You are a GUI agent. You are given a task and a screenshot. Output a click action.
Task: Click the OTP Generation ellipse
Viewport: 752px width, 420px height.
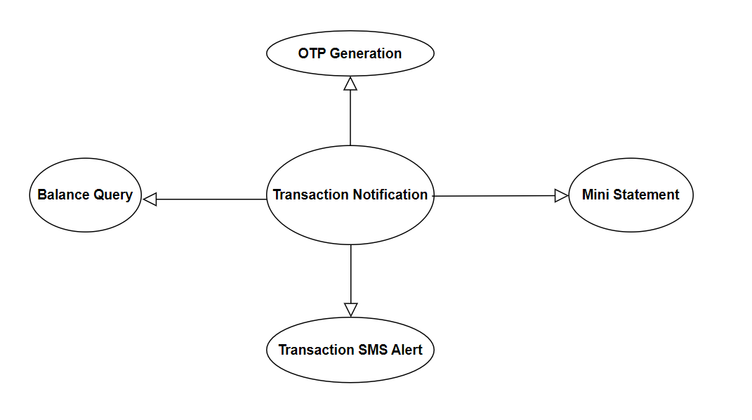coord(350,53)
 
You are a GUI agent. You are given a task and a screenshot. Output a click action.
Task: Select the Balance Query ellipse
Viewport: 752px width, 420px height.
coord(86,195)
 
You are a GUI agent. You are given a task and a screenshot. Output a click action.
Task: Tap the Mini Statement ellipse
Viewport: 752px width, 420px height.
coord(631,195)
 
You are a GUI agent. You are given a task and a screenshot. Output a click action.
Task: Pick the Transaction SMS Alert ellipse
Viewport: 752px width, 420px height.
coord(350,350)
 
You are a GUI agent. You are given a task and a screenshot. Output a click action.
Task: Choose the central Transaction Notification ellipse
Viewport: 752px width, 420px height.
coord(350,195)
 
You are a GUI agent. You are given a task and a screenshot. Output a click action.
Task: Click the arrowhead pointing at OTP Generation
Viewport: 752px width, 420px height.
coord(350,84)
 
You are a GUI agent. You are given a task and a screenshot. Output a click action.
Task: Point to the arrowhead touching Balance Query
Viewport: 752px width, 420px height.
coord(150,199)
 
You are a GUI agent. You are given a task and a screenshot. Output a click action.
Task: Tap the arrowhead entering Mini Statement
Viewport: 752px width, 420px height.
coord(561,196)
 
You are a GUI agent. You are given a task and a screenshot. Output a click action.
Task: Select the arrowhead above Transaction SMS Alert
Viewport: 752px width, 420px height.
coord(351,310)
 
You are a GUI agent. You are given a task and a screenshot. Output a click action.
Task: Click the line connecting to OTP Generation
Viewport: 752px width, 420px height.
coord(350,117)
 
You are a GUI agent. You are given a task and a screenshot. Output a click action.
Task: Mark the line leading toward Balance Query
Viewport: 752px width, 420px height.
coord(211,199)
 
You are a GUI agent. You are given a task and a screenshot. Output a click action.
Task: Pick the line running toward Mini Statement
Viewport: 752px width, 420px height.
coord(494,196)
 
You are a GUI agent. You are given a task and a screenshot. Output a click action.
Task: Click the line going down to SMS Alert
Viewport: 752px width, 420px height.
coord(351,274)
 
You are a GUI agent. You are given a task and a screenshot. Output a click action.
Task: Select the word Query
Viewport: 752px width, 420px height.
coord(113,196)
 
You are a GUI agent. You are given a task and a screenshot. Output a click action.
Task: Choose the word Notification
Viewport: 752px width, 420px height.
coord(390,194)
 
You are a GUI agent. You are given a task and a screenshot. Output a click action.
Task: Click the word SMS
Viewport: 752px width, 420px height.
coord(373,350)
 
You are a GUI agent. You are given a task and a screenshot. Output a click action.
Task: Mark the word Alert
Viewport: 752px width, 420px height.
coord(407,350)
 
